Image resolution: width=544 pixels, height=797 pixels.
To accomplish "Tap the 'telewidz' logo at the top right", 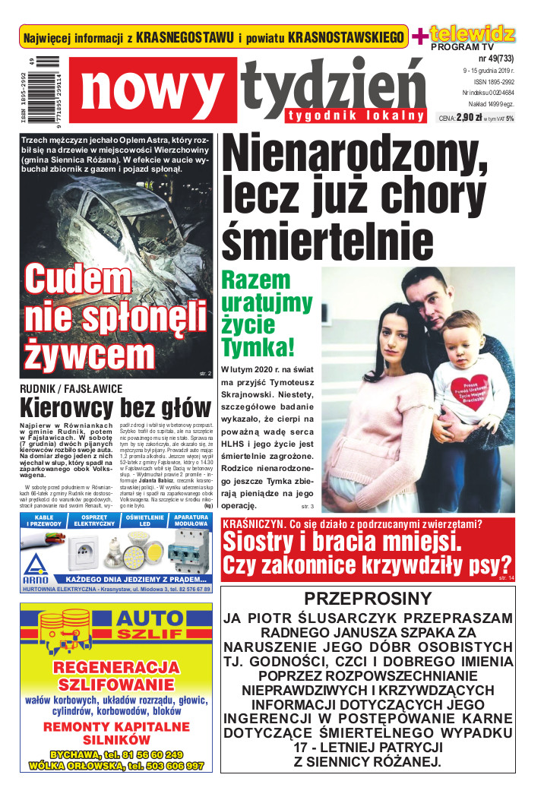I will (472, 33).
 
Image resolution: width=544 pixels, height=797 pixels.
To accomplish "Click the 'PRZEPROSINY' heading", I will (368, 598).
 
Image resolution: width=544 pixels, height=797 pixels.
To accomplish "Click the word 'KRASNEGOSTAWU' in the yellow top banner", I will (185, 38).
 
